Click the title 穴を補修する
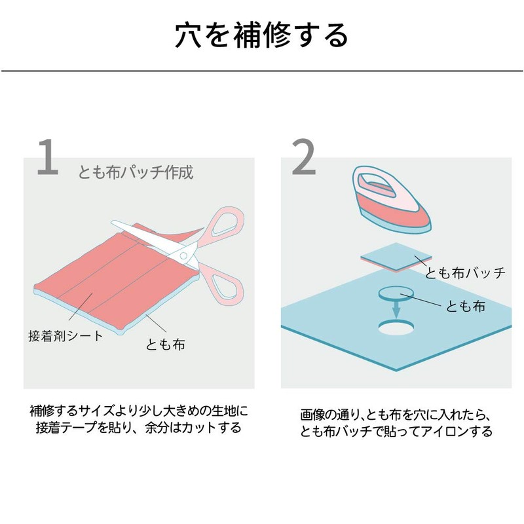261,36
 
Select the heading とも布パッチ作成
136,173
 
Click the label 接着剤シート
65,336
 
